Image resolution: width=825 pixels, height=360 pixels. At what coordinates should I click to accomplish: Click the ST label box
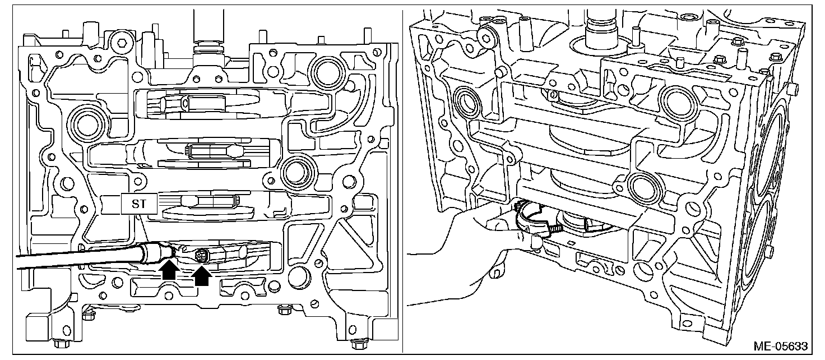click(138, 205)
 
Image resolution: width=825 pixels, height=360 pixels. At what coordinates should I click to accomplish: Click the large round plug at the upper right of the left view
click(327, 71)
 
